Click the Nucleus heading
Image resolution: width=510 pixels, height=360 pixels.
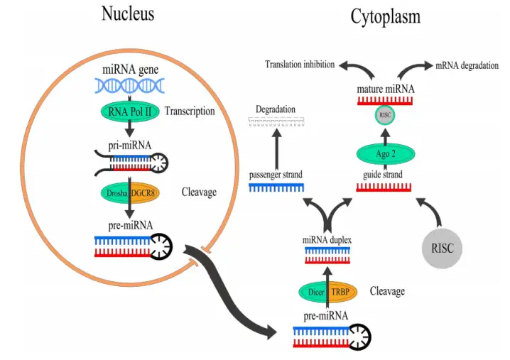128,14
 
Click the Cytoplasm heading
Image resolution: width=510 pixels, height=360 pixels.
386,16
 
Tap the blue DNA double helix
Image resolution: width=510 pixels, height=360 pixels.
130,86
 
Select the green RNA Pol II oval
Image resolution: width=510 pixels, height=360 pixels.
130,112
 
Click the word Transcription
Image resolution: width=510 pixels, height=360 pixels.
190,111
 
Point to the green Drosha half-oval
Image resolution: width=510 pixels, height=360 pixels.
115,193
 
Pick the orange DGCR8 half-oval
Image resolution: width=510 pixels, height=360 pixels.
145,193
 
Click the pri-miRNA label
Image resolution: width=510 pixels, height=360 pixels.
130,145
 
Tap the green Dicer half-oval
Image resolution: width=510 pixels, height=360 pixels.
313,292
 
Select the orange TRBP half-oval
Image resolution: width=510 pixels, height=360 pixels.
342,292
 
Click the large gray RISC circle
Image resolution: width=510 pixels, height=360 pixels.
442,249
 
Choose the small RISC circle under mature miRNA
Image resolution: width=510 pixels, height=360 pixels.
385,115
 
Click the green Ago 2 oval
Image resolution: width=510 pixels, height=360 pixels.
386,154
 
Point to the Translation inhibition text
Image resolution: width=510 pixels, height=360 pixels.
300,65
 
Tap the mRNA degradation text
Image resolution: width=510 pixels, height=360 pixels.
467,66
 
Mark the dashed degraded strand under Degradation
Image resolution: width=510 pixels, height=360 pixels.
276,121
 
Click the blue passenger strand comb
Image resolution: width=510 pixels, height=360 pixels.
276,187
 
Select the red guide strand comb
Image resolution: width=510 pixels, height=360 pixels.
384,187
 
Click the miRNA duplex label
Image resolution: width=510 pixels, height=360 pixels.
327,240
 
